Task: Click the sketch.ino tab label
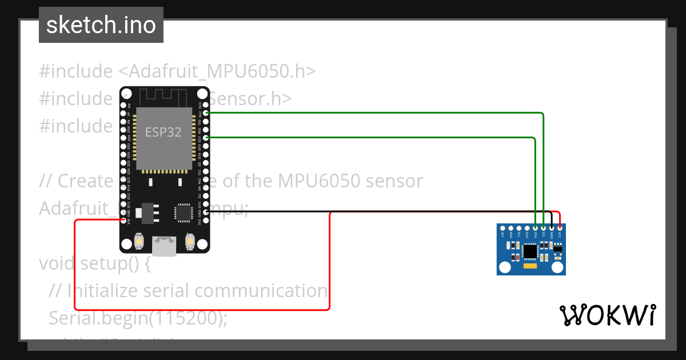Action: (x=101, y=25)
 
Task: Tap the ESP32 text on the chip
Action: (x=163, y=132)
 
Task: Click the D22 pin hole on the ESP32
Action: (x=206, y=113)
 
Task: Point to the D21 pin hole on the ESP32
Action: (x=206, y=138)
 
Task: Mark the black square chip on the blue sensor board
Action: (x=531, y=251)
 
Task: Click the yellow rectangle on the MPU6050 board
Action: (x=531, y=266)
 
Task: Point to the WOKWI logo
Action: (x=607, y=315)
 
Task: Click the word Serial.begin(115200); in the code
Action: (x=138, y=318)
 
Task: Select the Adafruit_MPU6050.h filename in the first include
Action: (x=217, y=71)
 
